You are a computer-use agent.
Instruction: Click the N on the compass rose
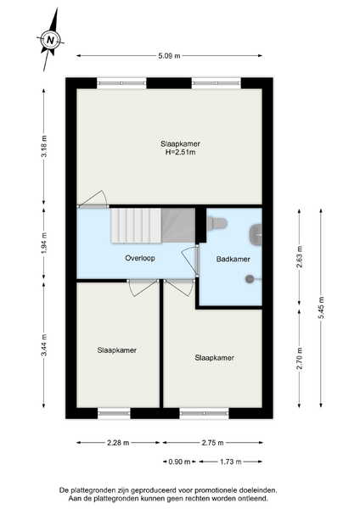pos(50,40)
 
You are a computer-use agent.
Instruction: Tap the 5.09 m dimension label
pos(169,56)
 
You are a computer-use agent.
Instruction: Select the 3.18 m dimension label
pos(44,146)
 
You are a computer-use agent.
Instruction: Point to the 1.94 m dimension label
pos(44,243)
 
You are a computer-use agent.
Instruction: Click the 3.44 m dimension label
pos(44,345)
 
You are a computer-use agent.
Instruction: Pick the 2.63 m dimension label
pos(300,256)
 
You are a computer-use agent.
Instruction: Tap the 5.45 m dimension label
pos(321,307)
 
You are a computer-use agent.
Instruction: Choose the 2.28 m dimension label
pos(118,443)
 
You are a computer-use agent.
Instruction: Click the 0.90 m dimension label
pos(179,461)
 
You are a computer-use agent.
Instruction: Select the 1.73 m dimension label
pos(230,461)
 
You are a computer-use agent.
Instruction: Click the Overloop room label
pos(140,258)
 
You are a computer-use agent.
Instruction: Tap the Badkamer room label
pos(233,259)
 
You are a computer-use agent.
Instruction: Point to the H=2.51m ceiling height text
pos(180,152)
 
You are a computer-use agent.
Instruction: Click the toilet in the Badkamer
pos(217,222)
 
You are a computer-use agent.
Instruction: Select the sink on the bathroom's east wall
pos(256,234)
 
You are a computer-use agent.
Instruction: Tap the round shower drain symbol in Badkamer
pos(250,278)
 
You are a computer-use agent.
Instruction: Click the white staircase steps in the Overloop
pos(136,226)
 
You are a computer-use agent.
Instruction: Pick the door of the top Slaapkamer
pos(93,199)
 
